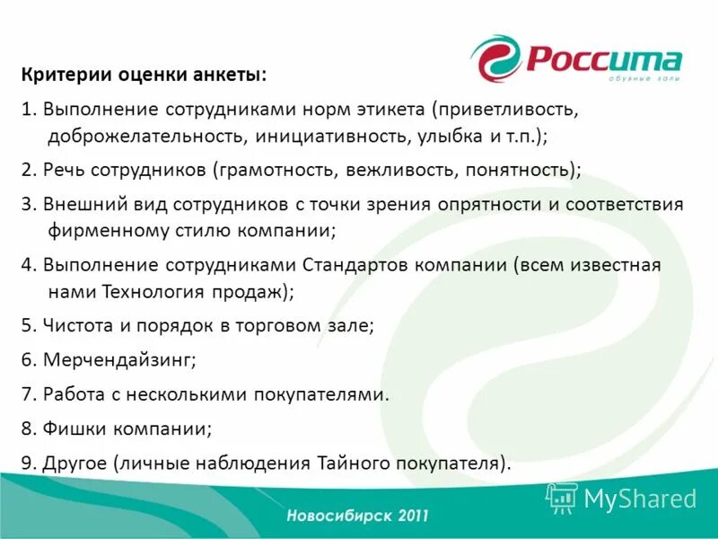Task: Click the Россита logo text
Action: [603, 61]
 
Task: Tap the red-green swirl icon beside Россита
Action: [495, 59]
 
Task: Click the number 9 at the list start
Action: [26, 463]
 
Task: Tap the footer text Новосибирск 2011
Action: [358, 516]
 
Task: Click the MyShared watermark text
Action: [639, 498]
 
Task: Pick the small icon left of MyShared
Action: [562, 498]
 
